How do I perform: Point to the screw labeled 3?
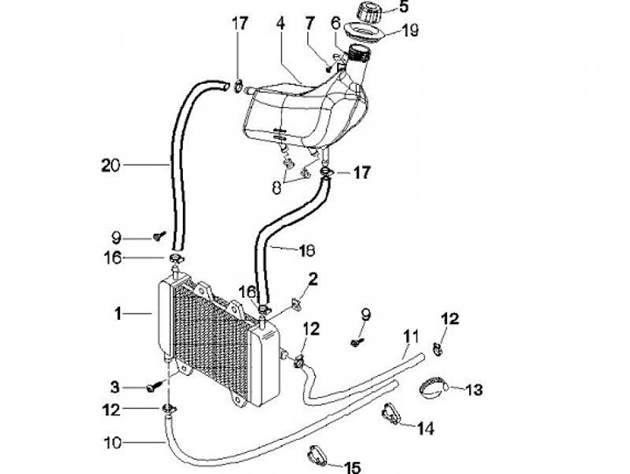(x=155, y=384)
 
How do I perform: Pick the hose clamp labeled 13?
(x=435, y=385)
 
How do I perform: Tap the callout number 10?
(x=112, y=443)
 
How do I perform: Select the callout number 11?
(x=411, y=336)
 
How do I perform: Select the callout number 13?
(x=473, y=388)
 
